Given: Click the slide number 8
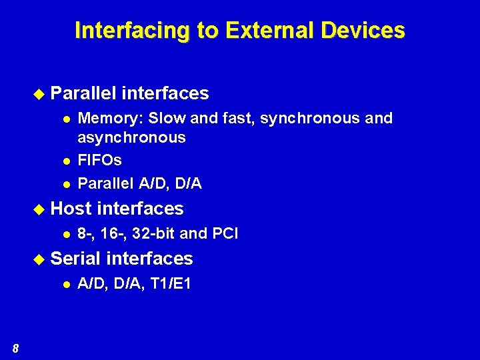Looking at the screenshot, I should [x=15, y=348].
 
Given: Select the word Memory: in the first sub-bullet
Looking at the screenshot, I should [x=110, y=119].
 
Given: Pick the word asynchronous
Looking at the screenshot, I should [x=131, y=137].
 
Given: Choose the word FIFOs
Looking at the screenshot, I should [x=100, y=161].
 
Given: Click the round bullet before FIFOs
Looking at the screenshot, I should [x=67, y=161].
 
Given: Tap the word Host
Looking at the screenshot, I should [x=71, y=209].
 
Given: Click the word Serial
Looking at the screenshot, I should [x=75, y=259].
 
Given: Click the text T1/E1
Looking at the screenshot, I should [x=170, y=284].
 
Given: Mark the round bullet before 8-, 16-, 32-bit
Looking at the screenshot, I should [x=67, y=235].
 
